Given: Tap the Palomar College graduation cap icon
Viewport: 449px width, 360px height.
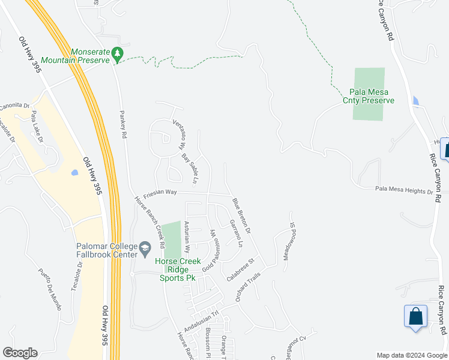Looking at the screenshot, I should coord(145,248).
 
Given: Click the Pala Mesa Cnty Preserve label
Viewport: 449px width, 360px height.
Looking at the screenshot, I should coord(369,96).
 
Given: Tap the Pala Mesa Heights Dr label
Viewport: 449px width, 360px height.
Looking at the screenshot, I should coord(404,190).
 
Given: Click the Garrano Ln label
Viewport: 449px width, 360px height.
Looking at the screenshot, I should coord(236,233).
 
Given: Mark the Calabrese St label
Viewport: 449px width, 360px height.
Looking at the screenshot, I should coord(241,269).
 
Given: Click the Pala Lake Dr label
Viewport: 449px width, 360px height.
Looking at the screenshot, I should coord(37,127).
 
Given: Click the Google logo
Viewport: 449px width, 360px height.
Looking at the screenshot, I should coord(20,353).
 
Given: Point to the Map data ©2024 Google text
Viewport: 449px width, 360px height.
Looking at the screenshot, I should coord(412,355).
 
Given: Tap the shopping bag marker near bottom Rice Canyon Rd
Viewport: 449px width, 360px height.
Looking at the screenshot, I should coord(416,316).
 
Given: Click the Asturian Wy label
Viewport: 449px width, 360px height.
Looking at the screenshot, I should coord(187,236).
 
